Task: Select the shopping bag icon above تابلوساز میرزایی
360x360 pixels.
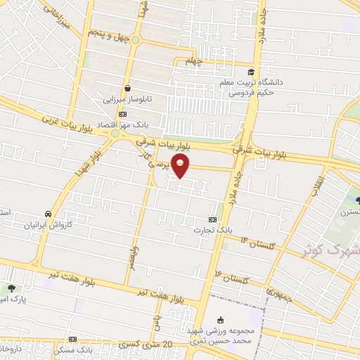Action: click(x=127, y=89)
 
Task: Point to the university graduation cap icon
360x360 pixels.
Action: click(x=250, y=72)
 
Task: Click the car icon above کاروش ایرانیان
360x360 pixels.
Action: click(x=47, y=214)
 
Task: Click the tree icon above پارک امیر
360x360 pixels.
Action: click(x=12, y=288)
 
